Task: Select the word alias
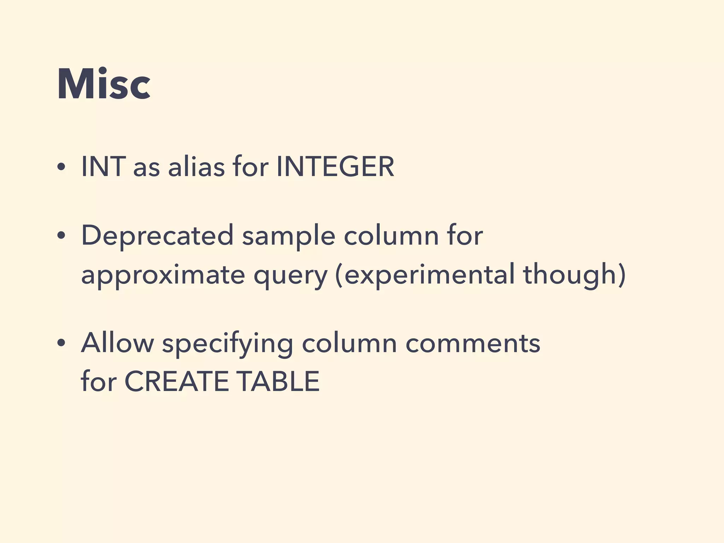196,167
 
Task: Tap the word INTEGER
335,167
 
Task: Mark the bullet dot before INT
61,168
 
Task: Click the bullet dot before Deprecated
61,236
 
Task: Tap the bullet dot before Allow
61,344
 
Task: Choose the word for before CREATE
99,381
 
